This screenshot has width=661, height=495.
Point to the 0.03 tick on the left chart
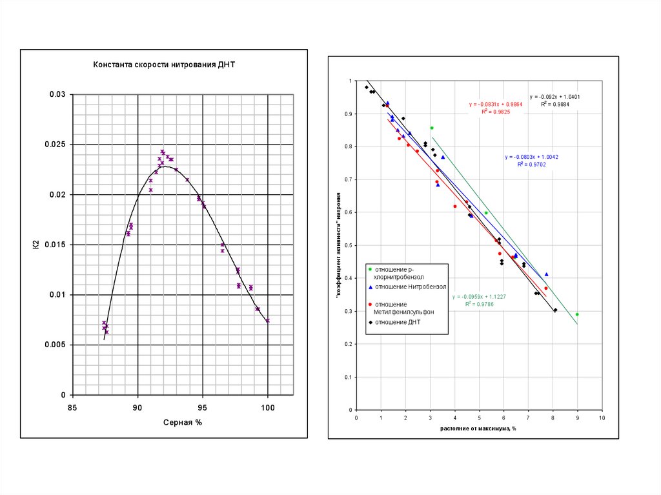(x=58, y=95)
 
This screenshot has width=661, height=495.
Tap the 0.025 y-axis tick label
(x=56, y=145)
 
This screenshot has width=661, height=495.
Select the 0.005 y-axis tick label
(x=56, y=345)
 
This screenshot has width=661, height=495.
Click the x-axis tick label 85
(x=72, y=407)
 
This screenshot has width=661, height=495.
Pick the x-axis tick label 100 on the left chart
(x=267, y=407)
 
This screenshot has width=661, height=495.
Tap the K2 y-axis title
(x=36, y=245)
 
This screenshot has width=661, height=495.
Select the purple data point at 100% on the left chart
(x=267, y=320)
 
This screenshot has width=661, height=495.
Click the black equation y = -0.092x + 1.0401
(x=554, y=96)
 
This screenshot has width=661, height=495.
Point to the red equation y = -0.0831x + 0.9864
(x=495, y=104)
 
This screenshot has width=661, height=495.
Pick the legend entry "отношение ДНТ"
(x=398, y=321)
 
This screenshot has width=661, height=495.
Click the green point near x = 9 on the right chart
(x=577, y=314)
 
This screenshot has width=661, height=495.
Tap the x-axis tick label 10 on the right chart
(x=602, y=418)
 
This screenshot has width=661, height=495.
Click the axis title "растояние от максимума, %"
(x=479, y=428)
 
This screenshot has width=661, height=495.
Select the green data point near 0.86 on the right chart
(x=432, y=128)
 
